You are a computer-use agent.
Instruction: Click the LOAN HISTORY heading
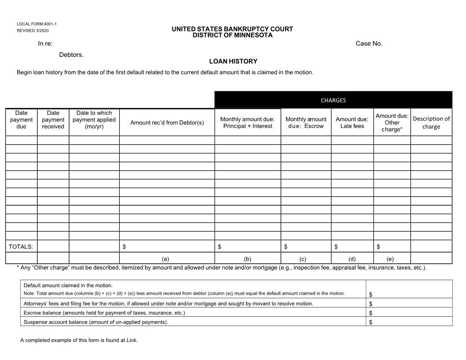(233, 61)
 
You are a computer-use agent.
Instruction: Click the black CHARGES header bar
(333, 100)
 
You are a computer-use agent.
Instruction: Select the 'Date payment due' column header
(21, 120)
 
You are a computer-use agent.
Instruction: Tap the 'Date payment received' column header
(53, 120)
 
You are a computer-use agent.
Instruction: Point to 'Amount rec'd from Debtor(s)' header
(167, 123)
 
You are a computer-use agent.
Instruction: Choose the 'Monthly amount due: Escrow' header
(306, 123)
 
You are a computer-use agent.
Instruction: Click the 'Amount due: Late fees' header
(352, 123)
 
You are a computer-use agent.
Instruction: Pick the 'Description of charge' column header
(431, 123)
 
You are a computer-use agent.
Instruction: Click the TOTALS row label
(21, 247)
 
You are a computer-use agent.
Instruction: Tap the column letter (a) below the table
(165, 259)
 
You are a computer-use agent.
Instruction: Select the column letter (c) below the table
(303, 259)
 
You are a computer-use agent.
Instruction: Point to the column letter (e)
(390, 259)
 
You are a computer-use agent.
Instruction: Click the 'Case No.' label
(369, 43)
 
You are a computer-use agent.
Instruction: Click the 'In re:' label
(45, 43)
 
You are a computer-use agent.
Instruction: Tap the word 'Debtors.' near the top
(71, 55)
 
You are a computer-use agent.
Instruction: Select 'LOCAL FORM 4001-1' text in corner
(37, 24)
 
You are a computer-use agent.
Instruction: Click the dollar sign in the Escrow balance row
(371, 313)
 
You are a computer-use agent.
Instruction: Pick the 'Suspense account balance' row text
(96, 322)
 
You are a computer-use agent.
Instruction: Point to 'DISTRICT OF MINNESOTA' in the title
(233, 35)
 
